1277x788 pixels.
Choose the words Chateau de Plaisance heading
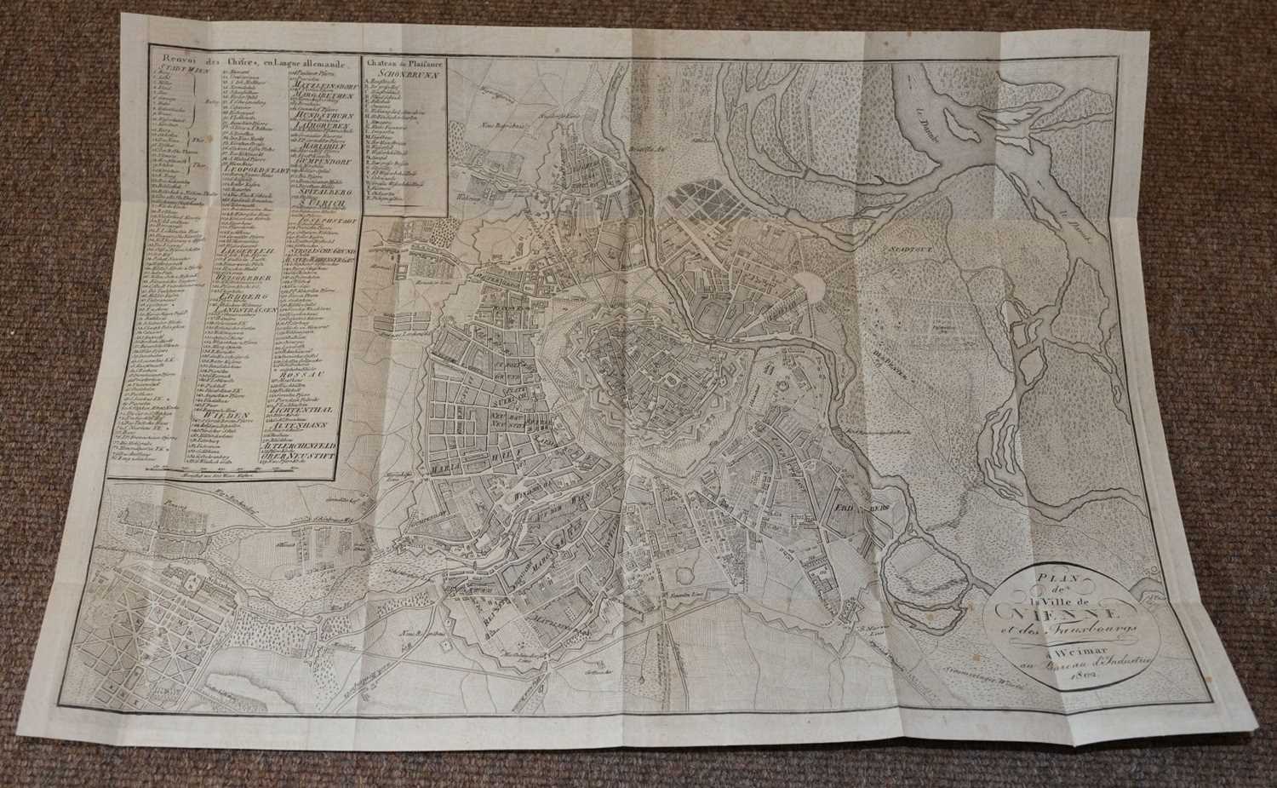coord(404,61)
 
